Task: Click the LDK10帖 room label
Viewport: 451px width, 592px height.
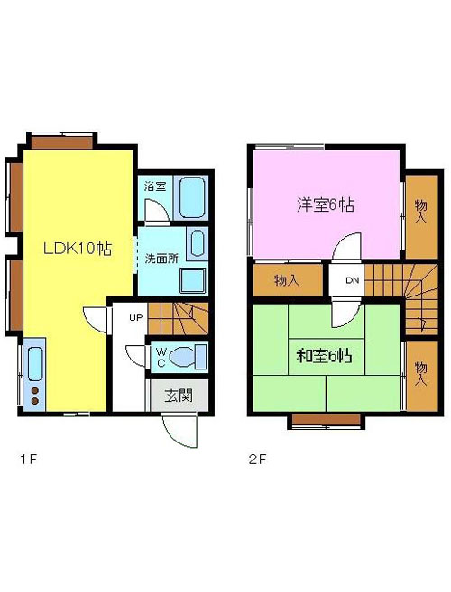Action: (x=78, y=249)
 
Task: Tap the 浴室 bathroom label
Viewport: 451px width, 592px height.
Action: (x=155, y=187)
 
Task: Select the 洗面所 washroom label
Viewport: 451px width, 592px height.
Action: (x=161, y=259)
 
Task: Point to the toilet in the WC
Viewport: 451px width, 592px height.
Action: (x=188, y=357)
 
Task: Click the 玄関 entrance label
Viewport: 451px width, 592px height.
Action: (x=179, y=396)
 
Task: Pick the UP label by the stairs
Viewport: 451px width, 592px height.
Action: (x=135, y=317)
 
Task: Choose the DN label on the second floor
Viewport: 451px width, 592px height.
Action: (x=353, y=280)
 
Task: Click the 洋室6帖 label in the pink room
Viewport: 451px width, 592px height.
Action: (x=326, y=205)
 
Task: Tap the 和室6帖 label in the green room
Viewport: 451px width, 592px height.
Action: (x=325, y=356)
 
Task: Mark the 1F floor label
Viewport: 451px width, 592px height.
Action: (x=29, y=460)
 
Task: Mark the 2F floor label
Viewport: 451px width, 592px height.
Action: (x=258, y=460)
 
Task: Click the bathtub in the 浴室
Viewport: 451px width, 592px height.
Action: (x=192, y=197)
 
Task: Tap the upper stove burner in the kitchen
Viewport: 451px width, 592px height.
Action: (x=35, y=391)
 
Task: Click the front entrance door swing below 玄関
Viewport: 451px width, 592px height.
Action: (x=179, y=431)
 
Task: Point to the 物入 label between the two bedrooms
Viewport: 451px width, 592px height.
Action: (x=287, y=280)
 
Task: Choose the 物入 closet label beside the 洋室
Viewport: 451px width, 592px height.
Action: (x=421, y=212)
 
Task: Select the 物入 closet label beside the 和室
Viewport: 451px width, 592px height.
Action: (x=420, y=374)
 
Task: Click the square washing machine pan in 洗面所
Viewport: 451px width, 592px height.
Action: (x=193, y=280)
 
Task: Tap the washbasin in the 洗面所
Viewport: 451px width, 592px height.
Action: (x=198, y=244)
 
